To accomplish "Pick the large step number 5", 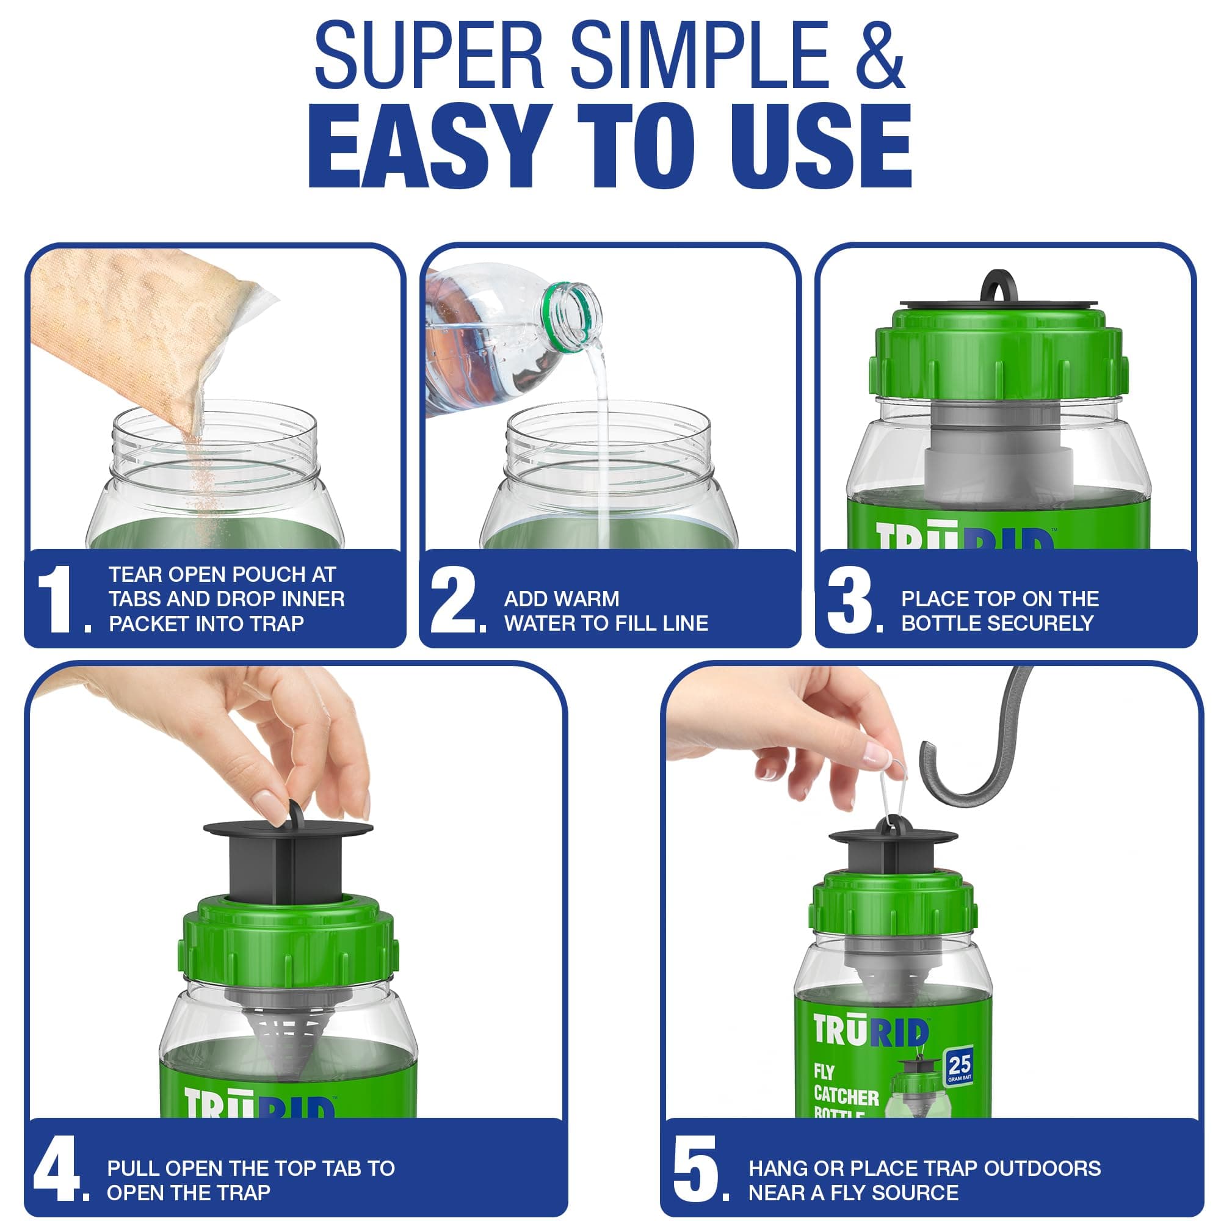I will [695, 1169].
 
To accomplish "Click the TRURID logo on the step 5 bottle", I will [871, 1031].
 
